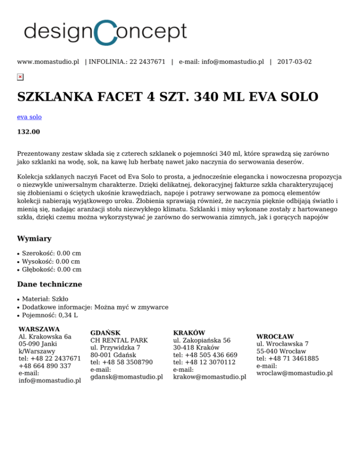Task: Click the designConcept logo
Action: [105, 31]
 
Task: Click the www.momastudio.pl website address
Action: [48, 61]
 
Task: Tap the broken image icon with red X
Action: [20, 77]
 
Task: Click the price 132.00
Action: [29, 132]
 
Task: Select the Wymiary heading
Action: [34, 239]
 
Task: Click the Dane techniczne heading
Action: [50, 284]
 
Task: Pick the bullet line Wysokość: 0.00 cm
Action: [51, 261]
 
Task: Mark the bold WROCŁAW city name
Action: [275, 336]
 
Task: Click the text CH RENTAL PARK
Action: [119, 340]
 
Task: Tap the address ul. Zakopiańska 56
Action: [202, 340]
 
